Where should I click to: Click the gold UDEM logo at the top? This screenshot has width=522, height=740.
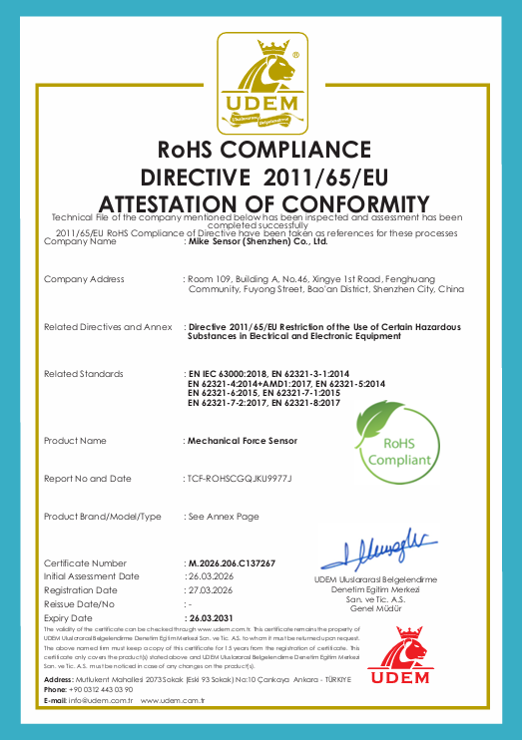[261, 84]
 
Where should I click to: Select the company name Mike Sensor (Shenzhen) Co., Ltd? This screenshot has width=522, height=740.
[258, 241]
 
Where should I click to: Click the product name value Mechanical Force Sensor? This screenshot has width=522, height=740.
[243, 440]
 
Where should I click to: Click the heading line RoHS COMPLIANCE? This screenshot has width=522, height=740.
[261, 151]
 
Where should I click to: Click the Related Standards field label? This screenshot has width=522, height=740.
[84, 373]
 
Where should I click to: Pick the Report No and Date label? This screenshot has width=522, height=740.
[88, 479]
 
